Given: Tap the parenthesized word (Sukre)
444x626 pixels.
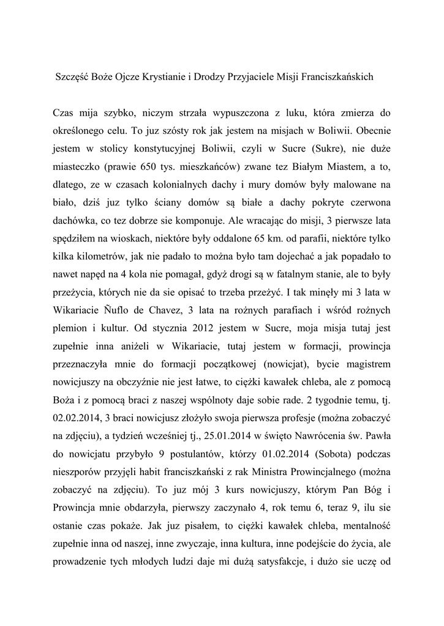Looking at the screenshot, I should [329, 149].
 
